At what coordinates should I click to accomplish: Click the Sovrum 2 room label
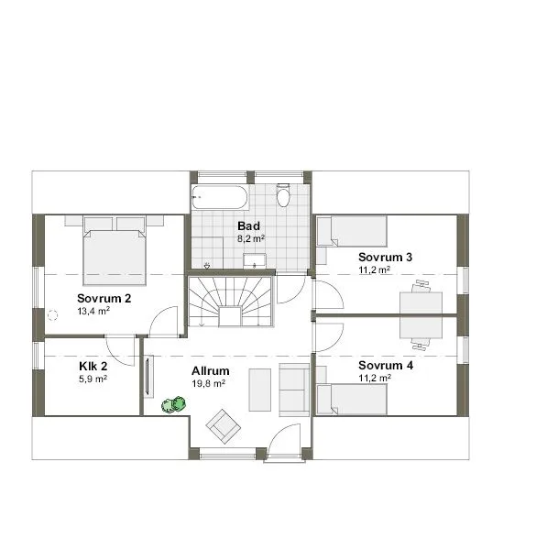click(104, 299)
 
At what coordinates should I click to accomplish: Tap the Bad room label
click(248, 225)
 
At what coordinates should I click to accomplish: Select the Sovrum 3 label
click(385, 257)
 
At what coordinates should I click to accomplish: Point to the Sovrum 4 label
click(385, 365)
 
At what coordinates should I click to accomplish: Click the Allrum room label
click(211, 371)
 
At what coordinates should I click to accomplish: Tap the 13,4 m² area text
click(93, 312)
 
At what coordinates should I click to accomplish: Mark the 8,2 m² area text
click(250, 238)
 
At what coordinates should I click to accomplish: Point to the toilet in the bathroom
click(283, 196)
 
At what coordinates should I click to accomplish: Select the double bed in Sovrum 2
click(115, 251)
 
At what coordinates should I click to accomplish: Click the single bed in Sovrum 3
click(353, 231)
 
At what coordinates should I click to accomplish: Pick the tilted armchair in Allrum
click(223, 423)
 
